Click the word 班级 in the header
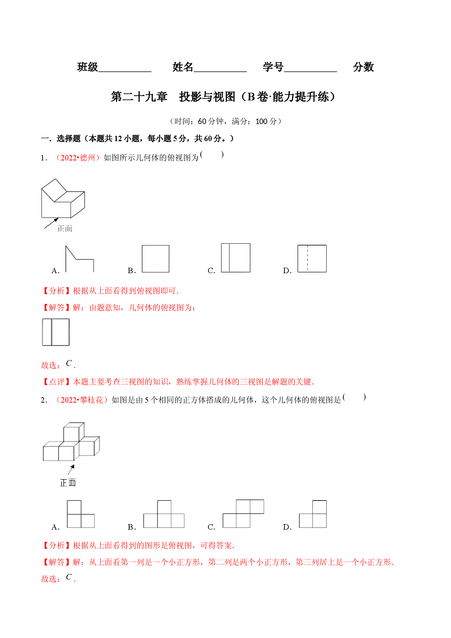88,67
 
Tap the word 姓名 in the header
183,67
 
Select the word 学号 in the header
273,67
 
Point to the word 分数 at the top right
363,67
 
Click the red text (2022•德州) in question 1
77,157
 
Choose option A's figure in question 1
80,259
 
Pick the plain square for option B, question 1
156,259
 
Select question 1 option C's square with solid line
236,258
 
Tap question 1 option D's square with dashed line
312,259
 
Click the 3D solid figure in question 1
63,198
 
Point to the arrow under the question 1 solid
51,223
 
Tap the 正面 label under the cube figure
68,483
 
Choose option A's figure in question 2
81,514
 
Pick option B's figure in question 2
164,514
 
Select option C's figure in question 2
243,514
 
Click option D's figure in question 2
313,514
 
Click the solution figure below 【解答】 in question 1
56,332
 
